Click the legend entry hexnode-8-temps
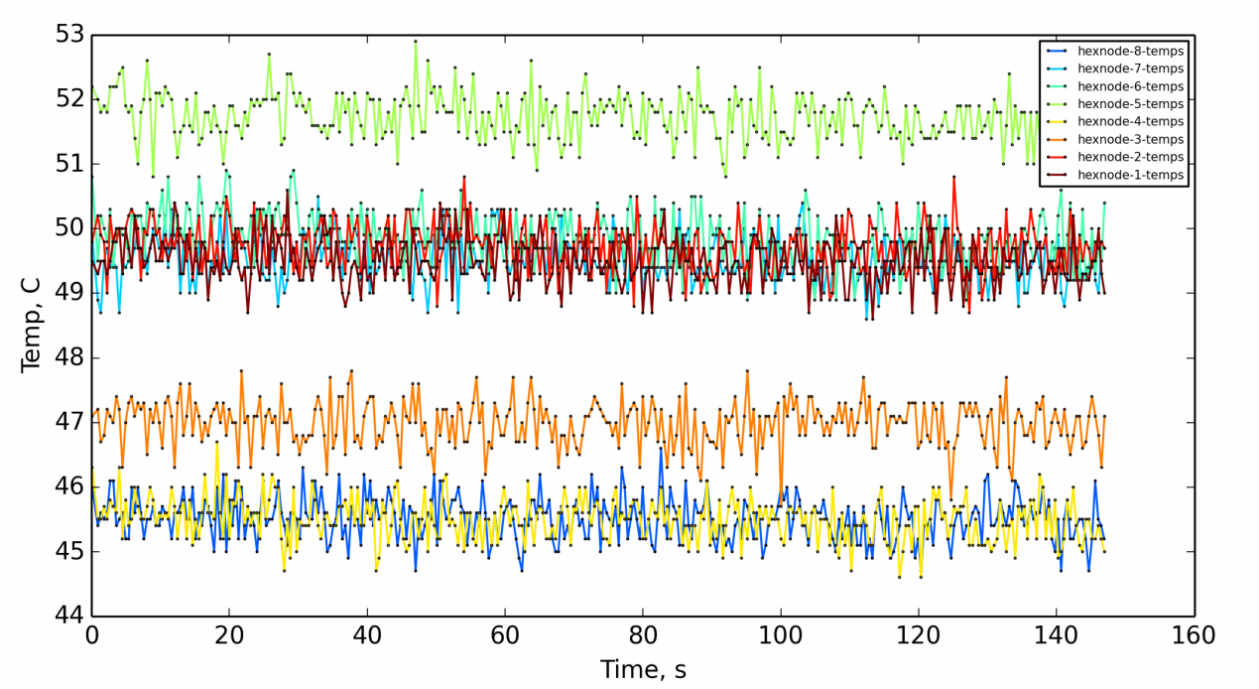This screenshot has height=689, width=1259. click(x=1130, y=51)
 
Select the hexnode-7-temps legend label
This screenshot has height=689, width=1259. click(x=1130, y=69)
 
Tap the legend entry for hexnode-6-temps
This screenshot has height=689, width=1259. click(x=1130, y=86)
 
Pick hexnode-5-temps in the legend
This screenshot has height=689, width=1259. click(x=1130, y=104)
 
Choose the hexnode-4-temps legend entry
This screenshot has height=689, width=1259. click(x=1130, y=122)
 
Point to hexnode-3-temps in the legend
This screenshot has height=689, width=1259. click(x=1130, y=140)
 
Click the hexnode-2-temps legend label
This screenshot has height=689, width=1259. click(x=1130, y=157)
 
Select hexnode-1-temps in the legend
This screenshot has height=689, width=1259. click(x=1130, y=175)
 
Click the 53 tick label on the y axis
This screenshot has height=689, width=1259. click(x=69, y=35)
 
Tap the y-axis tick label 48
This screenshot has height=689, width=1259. click(x=69, y=357)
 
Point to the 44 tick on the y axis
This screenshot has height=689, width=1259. click(x=69, y=617)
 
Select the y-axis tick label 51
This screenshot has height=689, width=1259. click(x=69, y=164)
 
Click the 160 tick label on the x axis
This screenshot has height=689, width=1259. click(x=1194, y=635)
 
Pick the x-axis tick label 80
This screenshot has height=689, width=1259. click(x=643, y=635)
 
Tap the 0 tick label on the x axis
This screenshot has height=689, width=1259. click(x=92, y=635)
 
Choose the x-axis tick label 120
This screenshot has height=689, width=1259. click(x=918, y=635)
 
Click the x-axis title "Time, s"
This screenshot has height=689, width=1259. click(x=643, y=670)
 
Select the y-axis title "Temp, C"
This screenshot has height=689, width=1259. click(x=31, y=325)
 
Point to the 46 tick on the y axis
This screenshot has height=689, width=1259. click(x=69, y=486)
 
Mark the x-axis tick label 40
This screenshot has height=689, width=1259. click(x=367, y=635)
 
